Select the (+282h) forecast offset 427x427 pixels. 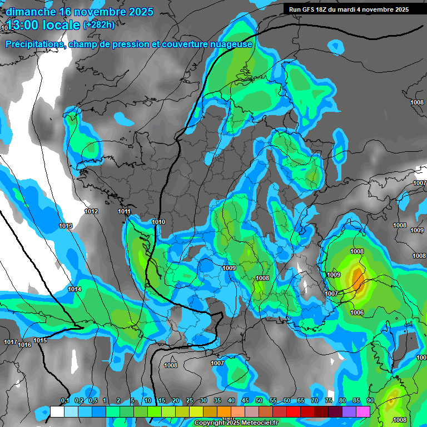click(x=99, y=24)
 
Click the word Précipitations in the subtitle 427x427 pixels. click(x=34, y=44)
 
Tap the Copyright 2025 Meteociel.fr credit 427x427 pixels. click(x=236, y=423)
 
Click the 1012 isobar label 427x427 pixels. click(x=91, y=211)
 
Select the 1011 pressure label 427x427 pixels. click(x=124, y=211)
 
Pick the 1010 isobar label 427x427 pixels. click(x=158, y=222)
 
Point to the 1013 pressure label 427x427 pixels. click(x=66, y=226)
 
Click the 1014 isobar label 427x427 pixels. click(x=75, y=289)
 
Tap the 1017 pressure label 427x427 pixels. click(x=9, y=342)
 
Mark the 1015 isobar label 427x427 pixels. click(x=40, y=340)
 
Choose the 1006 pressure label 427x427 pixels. click(x=357, y=312)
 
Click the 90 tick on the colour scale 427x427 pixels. click(x=370, y=400)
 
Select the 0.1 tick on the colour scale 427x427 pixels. click(x=64, y=400)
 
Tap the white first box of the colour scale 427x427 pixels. click(x=57, y=411)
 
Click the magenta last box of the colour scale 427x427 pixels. click(x=363, y=411)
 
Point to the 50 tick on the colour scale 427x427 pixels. click(x=259, y=400)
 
